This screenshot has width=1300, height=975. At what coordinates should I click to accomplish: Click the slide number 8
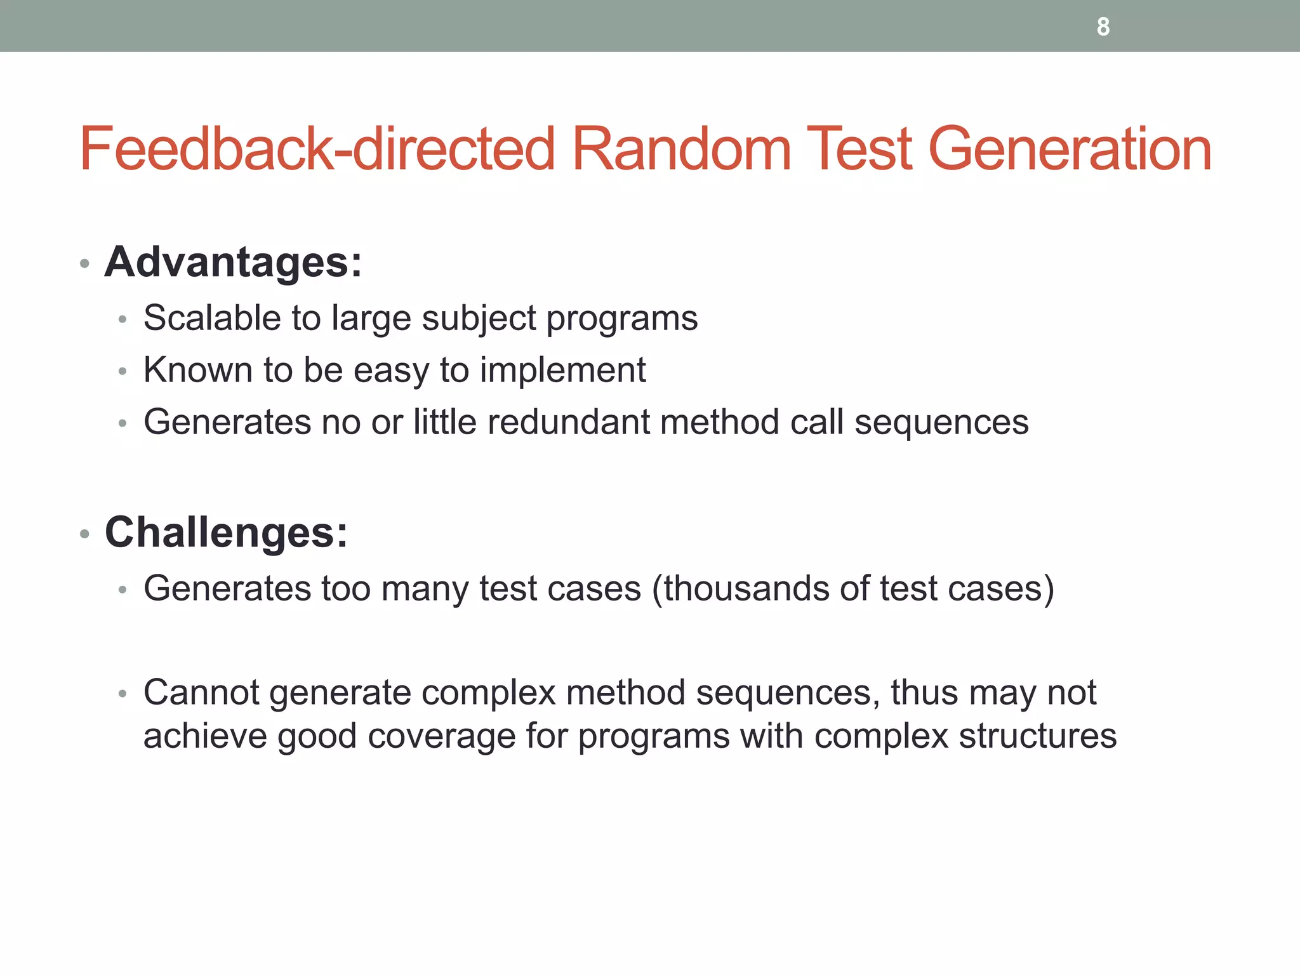click(x=1103, y=27)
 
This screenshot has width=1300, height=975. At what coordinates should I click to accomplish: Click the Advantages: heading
click(x=233, y=262)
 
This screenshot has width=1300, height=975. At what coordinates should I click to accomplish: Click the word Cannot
click(x=201, y=693)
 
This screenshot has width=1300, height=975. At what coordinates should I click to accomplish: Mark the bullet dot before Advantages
click(x=85, y=263)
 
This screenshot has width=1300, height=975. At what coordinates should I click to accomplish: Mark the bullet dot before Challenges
click(x=85, y=534)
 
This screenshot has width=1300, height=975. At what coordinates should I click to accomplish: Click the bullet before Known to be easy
click(x=123, y=372)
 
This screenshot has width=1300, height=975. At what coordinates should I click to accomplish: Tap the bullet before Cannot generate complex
click(x=123, y=694)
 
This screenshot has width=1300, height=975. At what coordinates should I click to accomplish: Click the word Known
click(x=198, y=370)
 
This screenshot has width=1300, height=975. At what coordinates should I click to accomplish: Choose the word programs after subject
click(x=621, y=319)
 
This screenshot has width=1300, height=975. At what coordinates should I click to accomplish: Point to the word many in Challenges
click(x=425, y=589)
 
